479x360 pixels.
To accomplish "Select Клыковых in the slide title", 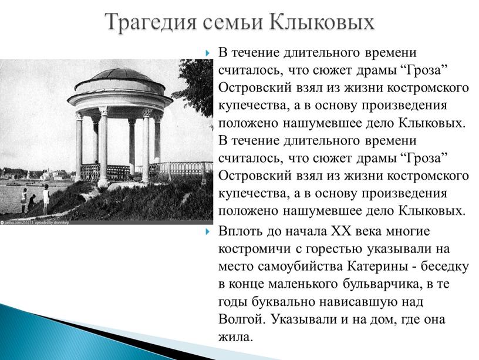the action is click(x=322, y=22).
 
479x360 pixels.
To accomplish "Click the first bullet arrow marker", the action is click(x=208, y=53).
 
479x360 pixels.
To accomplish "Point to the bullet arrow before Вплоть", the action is click(x=208, y=231).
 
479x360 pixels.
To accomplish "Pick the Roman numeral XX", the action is click(x=342, y=231).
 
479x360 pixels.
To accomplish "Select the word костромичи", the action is click(x=255, y=249).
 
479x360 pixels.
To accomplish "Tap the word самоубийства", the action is click(x=301, y=267).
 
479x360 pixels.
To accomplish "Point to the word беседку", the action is click(x=445, y=267).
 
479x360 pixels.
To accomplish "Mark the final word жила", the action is click(x=236, y=337).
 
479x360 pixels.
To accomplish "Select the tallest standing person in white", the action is click(x=46, y=199).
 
